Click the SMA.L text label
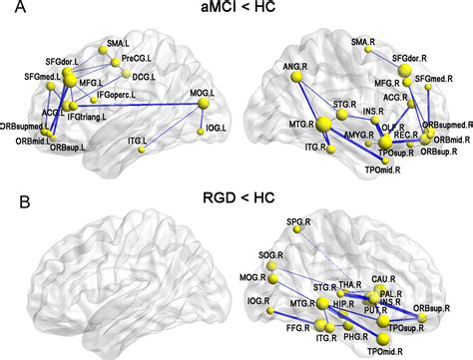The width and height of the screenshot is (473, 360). tap(119, 44)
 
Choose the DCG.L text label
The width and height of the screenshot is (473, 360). tap(146, 76)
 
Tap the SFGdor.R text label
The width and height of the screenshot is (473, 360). tap(414, 60)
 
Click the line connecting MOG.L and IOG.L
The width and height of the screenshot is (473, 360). tap(208, 115)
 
